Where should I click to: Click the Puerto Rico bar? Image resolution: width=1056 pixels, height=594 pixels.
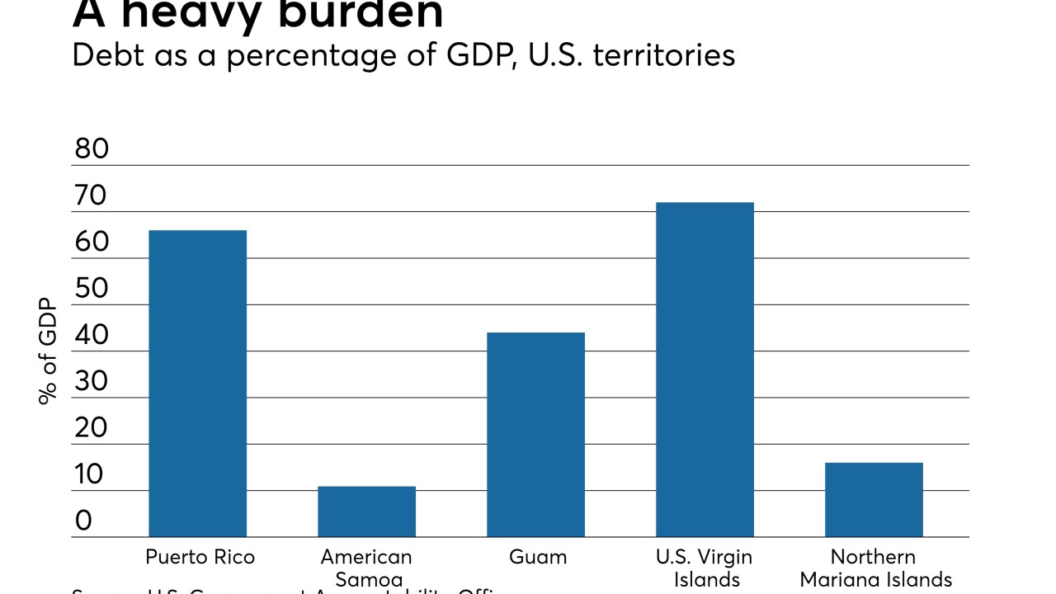[197, 384]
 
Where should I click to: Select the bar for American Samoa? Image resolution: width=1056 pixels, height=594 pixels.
[366, 511]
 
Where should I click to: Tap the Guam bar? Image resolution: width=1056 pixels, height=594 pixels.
[535, 435]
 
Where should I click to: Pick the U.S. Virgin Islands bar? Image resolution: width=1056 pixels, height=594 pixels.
[705, 370]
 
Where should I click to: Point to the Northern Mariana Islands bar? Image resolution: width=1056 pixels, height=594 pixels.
[874, 500]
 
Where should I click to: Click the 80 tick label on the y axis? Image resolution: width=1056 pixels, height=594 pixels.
[92, 149]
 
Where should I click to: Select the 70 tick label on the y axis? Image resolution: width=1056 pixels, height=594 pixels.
[92, 196]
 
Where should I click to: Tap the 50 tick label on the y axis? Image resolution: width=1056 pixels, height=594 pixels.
[92, 289]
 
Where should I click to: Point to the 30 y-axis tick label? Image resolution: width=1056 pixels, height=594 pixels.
[92, 382]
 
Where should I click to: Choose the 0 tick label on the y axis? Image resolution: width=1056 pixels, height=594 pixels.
[83, 521]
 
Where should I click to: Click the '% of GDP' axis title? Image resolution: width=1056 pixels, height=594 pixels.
[48, 351]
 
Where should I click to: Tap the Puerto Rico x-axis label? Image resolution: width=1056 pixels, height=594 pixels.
[200, 557]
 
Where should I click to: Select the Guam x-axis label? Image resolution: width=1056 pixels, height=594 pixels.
[538, 557]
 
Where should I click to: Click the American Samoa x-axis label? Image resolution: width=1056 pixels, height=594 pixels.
[366, 568]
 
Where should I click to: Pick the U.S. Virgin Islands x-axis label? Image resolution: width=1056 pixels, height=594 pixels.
[705, 568]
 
